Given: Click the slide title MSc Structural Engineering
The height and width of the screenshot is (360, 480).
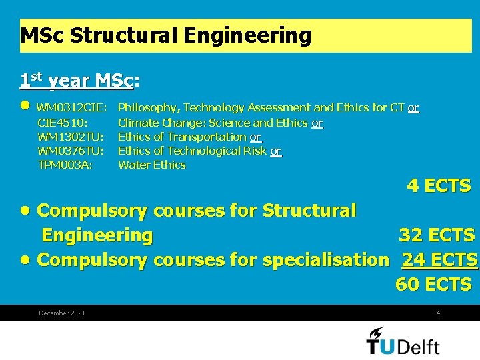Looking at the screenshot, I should pyautogui.click(x=166, y=35).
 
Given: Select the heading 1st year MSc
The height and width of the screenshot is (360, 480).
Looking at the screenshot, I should pyautogui.click(x=79, y=81).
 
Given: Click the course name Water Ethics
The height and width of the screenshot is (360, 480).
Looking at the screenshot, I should pyautogui.click(x=151, y=165).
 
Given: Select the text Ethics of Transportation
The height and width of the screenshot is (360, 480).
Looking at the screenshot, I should pyautogui.click(x=182, y=137).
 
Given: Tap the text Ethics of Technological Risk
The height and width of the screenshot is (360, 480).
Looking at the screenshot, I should pyautogui.click(x=193, y=151).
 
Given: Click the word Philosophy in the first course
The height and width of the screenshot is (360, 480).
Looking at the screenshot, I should pyautogui.click(x=147, y=108).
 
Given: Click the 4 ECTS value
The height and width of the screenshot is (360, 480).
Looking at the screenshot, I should pyautogui.click(x=439, y=186).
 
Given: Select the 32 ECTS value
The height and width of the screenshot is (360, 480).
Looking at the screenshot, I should pyautogui.click(x=437, y=235).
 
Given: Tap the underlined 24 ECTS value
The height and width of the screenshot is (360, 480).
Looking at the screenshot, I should pyautogui.click(x=439, y=259).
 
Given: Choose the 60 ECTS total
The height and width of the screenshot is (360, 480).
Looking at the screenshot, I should pyautogui.click(x=433, y=285).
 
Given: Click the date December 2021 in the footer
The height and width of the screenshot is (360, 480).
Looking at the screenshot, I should pyautogui.click(x=62, y=313).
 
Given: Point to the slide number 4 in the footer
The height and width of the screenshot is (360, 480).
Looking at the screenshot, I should pyautogui.click(x=438, y=313).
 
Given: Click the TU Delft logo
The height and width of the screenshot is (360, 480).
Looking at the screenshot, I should pyautogui.click(x=403, y=341).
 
